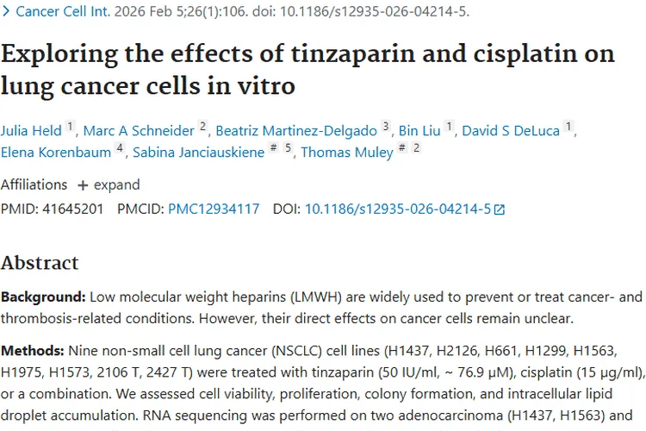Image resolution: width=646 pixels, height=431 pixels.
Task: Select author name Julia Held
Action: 31,131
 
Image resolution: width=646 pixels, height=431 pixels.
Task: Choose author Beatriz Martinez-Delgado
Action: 296,131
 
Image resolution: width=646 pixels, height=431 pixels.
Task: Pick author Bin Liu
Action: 419,131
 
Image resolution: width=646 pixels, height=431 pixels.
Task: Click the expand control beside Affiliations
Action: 109,184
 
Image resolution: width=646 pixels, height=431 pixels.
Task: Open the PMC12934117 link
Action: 214,209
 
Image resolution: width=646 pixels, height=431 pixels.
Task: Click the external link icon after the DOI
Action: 500,209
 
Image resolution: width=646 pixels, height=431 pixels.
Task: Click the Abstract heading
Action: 40,263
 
